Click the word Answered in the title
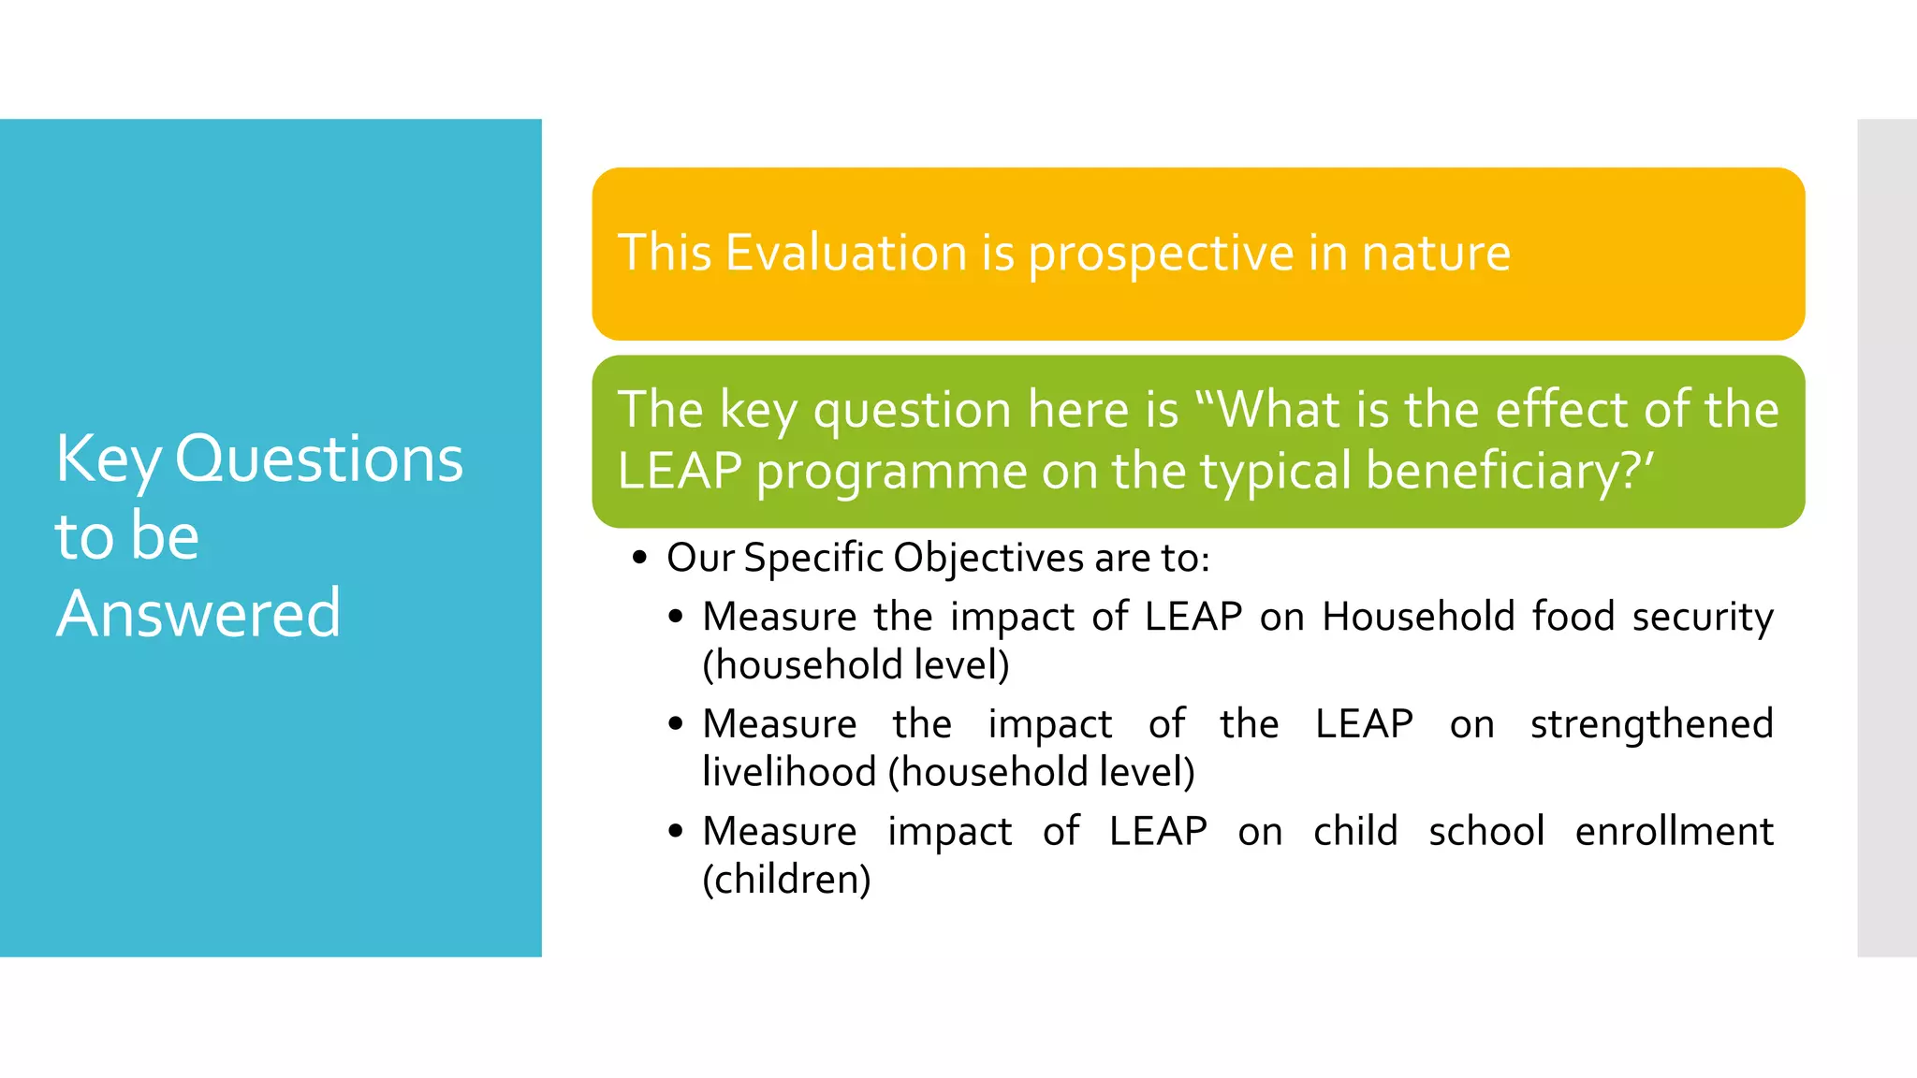click(x=198, y=614)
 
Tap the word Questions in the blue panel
click(x=318, y=459)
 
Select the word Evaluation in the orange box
click(x=845, y=253)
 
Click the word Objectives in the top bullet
click(x=988, y=559)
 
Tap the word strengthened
click(x=1651, y=724)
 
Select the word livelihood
click(x=789, y=772)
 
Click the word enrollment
click(x=1674, y=832)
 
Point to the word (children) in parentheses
click(x=786, y=880)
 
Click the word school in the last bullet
click(x=1485, y=832)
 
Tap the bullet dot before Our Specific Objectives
click(x=639, y=559)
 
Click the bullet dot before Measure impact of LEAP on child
click(x=676, y=831)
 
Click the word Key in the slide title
click(x=108, y=459)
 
